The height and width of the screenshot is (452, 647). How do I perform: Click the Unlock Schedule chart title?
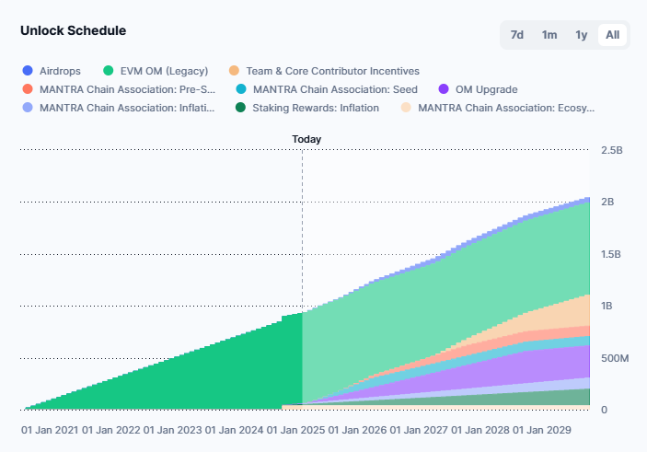(x=74, y=30)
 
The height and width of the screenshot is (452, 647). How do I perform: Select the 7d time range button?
(x=517, y=35)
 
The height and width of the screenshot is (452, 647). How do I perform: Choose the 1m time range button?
(x=549, y=35)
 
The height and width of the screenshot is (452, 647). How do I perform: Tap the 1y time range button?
(x=581, y=35)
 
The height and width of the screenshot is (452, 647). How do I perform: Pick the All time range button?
(x=612, y=35)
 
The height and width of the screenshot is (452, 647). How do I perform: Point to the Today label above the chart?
(x=306, y=139)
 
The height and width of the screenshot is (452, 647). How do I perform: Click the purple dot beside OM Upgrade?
(x=444, y=89)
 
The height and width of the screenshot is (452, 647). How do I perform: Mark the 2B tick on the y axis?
(x=607, y=202)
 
